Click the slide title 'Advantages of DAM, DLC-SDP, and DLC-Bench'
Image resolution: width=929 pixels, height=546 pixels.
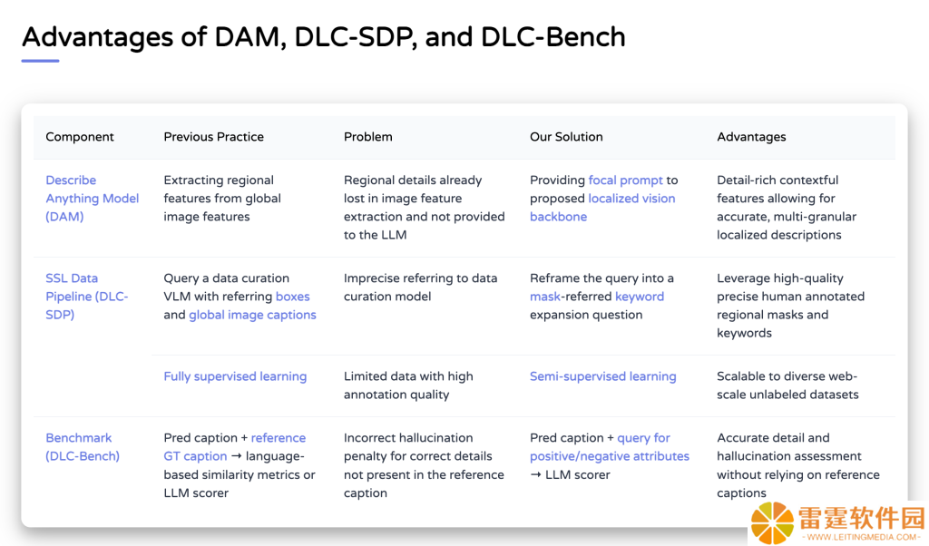point(324,37)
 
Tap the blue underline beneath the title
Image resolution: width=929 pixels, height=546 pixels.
point(40,61)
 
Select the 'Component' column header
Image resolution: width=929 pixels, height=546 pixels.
point(80,137)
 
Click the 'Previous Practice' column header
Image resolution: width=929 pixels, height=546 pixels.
point(213,137)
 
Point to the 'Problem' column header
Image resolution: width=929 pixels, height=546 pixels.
point(368,137)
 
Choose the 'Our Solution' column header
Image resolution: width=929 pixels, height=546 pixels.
point(566,137)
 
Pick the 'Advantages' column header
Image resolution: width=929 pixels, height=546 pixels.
point(751,137)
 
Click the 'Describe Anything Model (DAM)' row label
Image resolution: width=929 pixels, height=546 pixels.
point(93,199)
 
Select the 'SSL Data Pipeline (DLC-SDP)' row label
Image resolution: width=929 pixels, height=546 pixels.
point(87,296)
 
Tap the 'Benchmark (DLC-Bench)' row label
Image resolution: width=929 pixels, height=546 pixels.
point(83,447)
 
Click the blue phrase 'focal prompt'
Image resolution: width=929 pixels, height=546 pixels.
point(625,180)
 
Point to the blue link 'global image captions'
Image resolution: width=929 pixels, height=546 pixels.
point(252,315)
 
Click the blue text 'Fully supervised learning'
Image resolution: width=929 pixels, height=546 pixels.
point(235,376)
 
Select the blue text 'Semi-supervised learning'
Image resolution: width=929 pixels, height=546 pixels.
point(602,376)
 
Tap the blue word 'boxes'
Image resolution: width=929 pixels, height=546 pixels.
point(293,297)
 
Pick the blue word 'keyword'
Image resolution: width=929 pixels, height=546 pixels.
point(640,297)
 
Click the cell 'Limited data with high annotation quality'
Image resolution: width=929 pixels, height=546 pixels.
point(408,385)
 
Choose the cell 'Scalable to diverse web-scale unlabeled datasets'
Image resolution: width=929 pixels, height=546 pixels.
point(787,385)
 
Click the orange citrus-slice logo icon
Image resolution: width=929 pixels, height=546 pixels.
point(772,523)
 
